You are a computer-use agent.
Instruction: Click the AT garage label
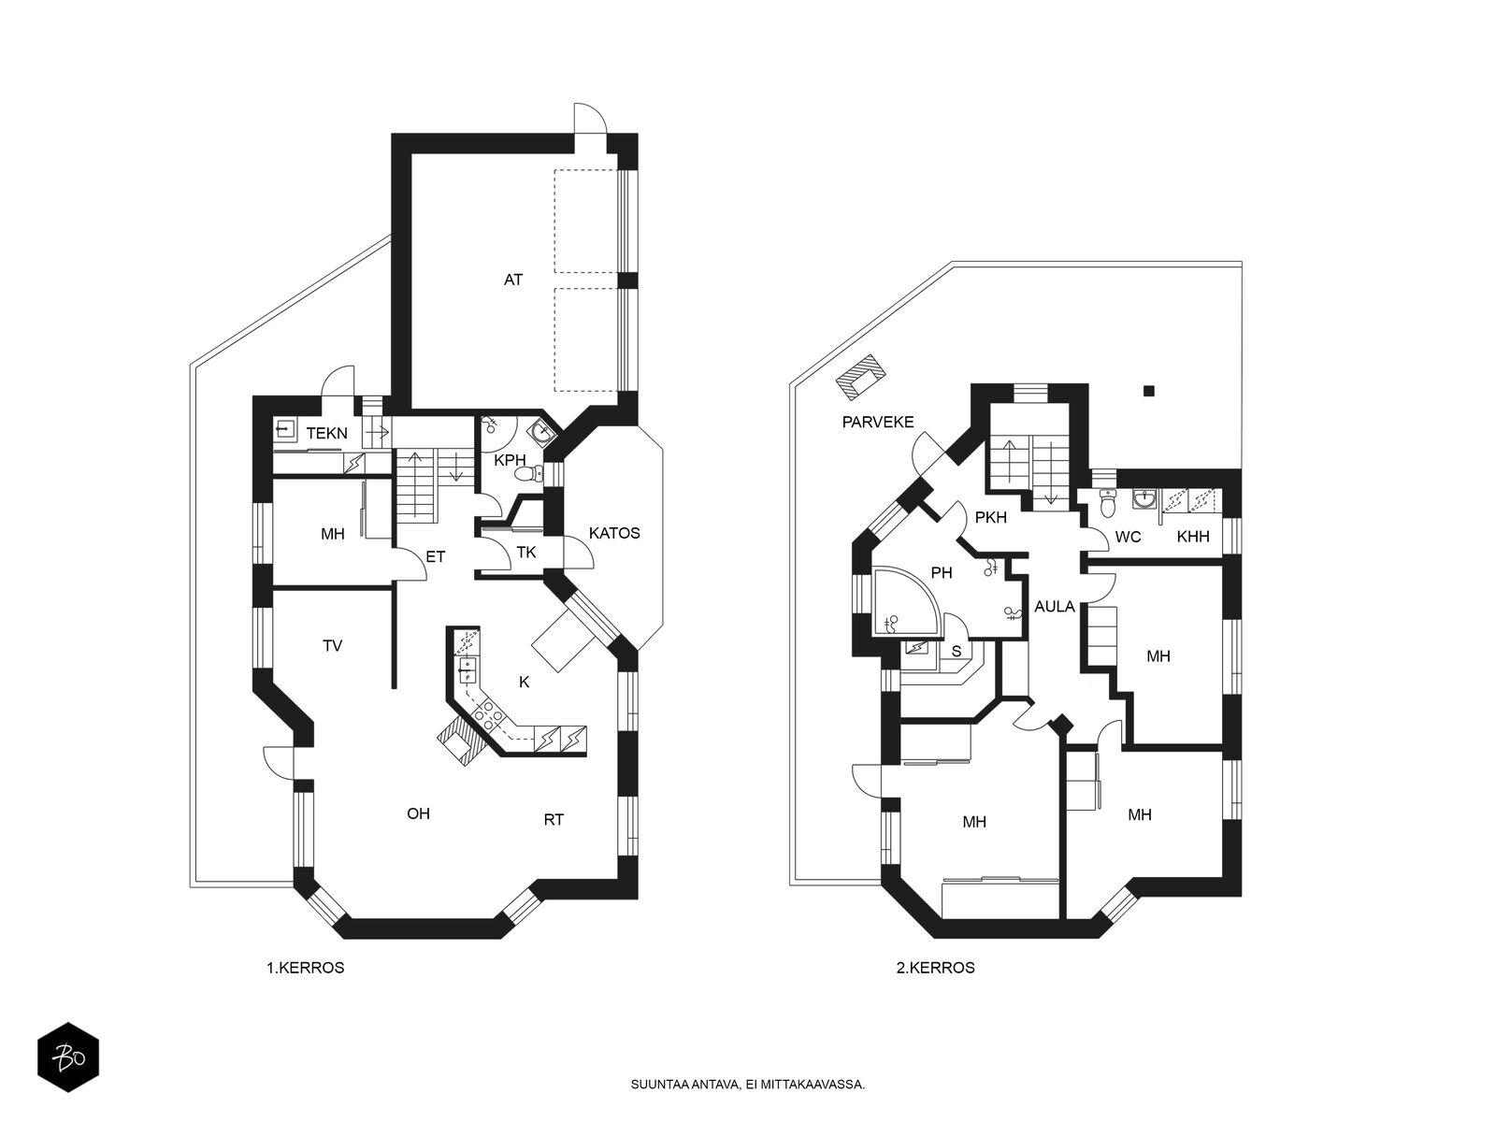[512, 280]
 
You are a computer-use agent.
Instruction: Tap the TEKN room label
[326, 433]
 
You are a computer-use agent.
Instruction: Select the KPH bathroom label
[510, 460]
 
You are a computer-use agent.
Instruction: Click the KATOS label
[614, 533]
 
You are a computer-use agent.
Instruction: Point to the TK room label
[526, 553]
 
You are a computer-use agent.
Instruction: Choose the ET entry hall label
[435, 556]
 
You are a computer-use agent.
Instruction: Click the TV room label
[332, 646]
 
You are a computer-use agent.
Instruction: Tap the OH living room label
[418, 813]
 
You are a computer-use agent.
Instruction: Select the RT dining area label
[554, 820]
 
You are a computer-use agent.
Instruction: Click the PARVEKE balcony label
[877, 422]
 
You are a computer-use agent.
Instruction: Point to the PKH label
[990, 518]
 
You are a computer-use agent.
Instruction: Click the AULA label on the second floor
[1055, 606]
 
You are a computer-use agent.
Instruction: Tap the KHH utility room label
[1193, 537]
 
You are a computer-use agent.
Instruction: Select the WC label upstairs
[1128, 538]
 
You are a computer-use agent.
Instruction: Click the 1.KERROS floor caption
[306, 968]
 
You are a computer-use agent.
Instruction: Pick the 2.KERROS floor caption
[935, 968]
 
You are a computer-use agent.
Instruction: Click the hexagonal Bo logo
[68, 1058]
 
